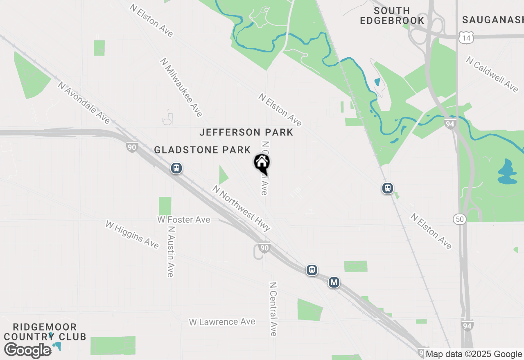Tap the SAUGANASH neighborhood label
click(x=493, y=20)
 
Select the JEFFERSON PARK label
click(x=246, y=133)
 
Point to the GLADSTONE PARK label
click(x=202, y=150)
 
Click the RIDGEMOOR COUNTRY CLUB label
click(x=45, y=332)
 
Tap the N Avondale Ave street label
click(x=84, y=103)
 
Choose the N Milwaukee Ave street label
click(x=181, y=87)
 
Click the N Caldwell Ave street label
click(x=492, y=74)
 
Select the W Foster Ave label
click(x=184, y=220)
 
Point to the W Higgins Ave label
click(x=132, y=234)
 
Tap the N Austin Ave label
click(x=171, y=252)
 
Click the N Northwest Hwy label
click(x=241, y=208)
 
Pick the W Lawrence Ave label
click(x=222, y=322)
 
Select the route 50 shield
click(x=460, y=219)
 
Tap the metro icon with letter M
click(x=334, y=282)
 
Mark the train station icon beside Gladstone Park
click(x=176, y=168)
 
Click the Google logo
click(x=28, y=350)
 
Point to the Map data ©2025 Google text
click(x=474, y=354)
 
